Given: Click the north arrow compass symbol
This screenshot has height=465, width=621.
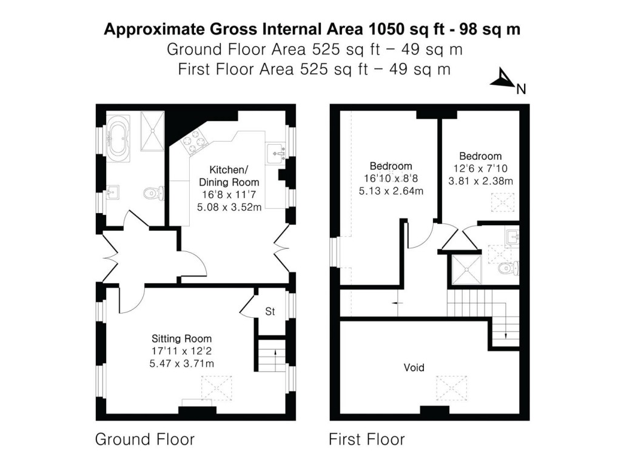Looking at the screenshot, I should pos(503,79).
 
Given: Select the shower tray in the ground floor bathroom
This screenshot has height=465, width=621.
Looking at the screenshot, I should pos(152,131).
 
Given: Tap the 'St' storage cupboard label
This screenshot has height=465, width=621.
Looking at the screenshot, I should pos(270,312).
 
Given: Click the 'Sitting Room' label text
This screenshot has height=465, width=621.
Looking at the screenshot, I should pos(182,339).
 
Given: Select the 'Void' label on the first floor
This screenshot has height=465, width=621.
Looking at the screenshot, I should pos(414,368).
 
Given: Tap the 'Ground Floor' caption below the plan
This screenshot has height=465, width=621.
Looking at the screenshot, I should pos(145,439).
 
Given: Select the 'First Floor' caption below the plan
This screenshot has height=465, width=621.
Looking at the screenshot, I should pos(366,439).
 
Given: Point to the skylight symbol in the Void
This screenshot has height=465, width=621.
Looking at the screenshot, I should pos(452,385).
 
